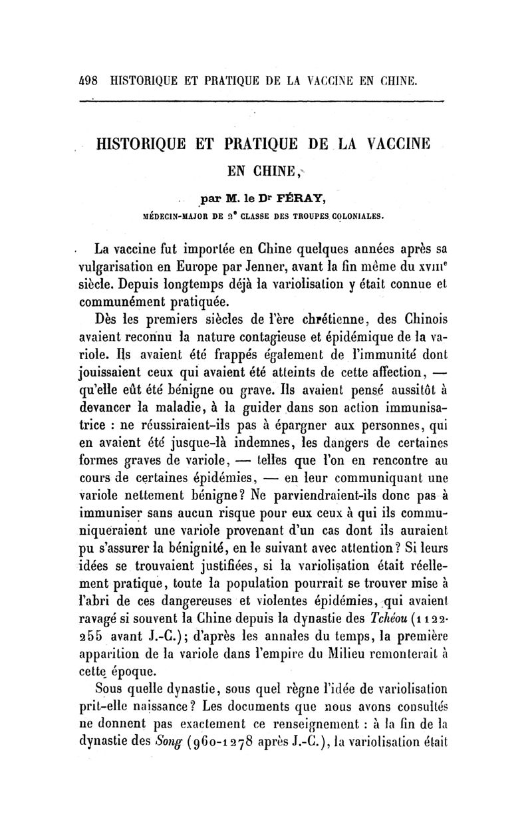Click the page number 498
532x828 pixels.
click(88, 81)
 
